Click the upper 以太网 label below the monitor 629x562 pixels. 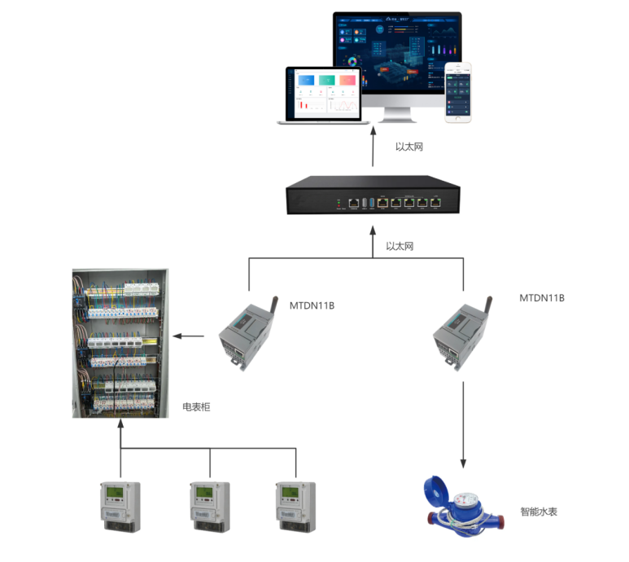[x=409, y=147]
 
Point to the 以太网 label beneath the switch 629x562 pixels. [x=400, y=245]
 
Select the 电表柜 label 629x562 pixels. [x=196, y=406]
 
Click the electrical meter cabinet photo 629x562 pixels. [x=120, y=342]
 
